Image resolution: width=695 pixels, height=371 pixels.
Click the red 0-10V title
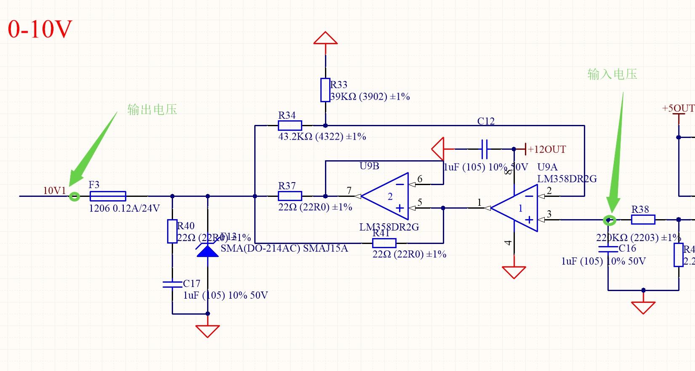(40, 29)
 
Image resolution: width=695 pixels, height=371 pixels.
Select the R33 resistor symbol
(325, 90)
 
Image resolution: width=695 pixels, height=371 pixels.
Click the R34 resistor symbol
(290, 125)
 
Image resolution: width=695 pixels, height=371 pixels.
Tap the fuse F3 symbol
(108, 196)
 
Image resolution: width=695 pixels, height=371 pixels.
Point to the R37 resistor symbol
(290, 196)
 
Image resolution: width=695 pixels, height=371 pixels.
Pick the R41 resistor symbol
(384, 243)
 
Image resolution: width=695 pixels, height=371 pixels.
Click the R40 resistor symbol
(172, 231)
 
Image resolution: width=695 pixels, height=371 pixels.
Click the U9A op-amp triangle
(516, 208)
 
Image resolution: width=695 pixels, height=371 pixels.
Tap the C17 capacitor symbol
(172, 284)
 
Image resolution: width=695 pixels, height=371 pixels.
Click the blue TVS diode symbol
(208, 251)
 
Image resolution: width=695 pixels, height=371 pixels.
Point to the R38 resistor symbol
(643, 220)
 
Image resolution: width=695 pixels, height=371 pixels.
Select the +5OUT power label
(678, 109)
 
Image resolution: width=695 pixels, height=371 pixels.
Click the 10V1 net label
(54, 191)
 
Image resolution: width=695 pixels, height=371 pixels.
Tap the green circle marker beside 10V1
(75, 196)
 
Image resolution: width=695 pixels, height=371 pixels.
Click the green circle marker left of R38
(609, 220)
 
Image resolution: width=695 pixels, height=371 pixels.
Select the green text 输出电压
(152, 110)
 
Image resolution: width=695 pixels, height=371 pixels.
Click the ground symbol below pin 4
(514, 272)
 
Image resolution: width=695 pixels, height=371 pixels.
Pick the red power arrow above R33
(325, 38)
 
